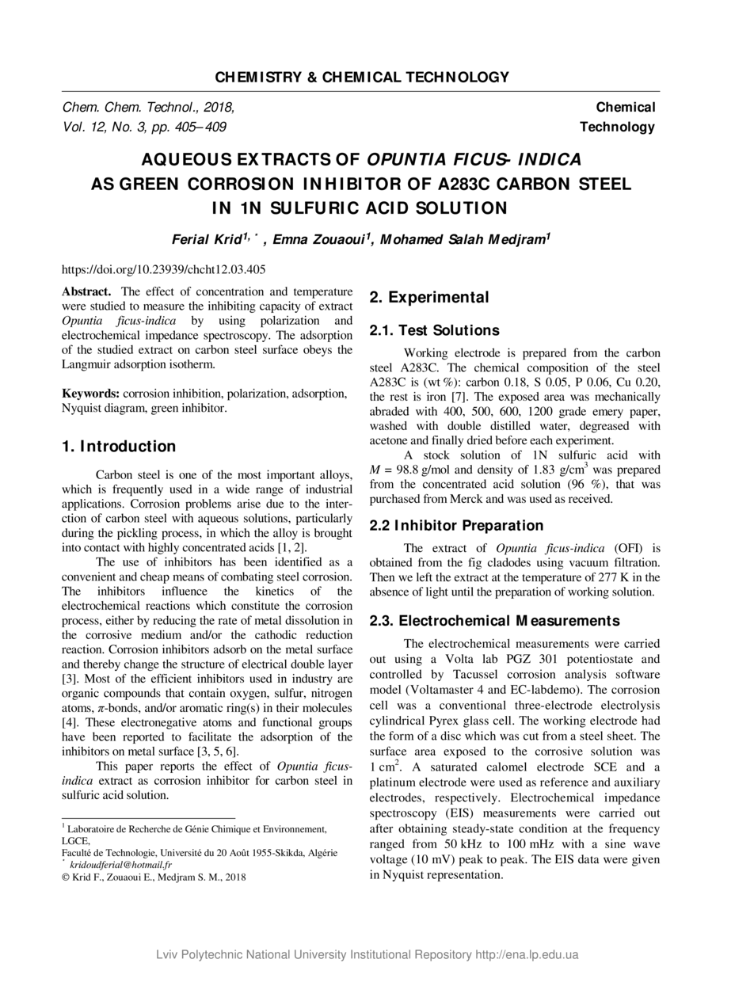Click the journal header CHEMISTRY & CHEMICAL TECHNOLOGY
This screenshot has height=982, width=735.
click(362, 77)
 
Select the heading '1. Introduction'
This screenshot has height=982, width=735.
click(119, 447)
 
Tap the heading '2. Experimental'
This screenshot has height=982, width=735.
click(429, 298)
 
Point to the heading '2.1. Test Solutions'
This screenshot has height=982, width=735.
click(435, 330)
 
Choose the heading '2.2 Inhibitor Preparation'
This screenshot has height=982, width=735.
click(456, 525)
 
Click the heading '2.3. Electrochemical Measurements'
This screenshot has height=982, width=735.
click(494, 620)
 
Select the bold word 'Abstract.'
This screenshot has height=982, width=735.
click(87, 291)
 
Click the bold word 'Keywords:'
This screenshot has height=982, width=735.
click(91, 394)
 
